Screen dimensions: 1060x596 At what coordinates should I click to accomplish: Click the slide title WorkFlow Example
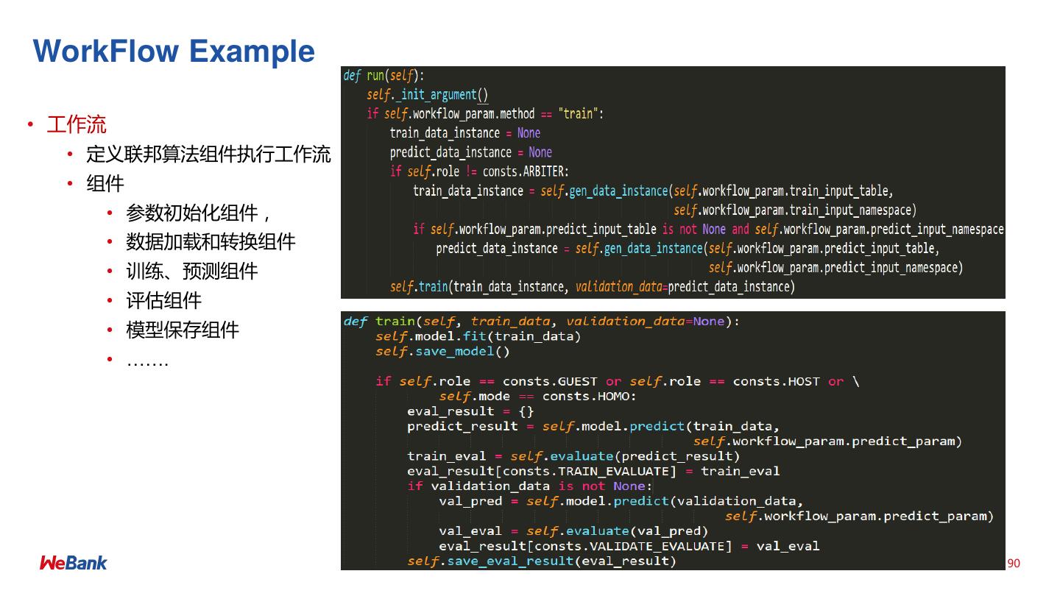(174, 52)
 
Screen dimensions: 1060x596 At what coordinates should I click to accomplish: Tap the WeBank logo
(73, 563)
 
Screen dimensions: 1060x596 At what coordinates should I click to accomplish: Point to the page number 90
(1014, 563)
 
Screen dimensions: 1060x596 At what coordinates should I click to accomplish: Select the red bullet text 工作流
(77, 124)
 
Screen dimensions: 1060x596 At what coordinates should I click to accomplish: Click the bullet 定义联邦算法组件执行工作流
(208, 155)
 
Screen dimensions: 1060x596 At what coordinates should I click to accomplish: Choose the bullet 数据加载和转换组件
(211, 242)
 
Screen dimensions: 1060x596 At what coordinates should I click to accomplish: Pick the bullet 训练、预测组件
(191, 272)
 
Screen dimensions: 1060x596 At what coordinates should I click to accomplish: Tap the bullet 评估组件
(163, 301)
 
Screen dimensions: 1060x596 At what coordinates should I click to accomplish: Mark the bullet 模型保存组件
(183, 330)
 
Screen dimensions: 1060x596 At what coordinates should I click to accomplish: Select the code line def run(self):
(384, 76)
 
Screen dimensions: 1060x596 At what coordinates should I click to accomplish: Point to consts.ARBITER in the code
(526, 171)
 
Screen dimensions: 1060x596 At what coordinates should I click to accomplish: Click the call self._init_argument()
(428, 95)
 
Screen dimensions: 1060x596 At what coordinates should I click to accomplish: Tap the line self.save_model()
(442, 352)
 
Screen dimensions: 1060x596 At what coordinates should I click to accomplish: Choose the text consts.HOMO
(588, 397)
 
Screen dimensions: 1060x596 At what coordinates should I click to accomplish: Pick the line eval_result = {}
(470, 411)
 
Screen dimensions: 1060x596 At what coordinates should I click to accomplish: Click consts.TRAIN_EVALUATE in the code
(604, 471)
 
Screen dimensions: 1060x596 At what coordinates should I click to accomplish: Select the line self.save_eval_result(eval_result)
(542, 561)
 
